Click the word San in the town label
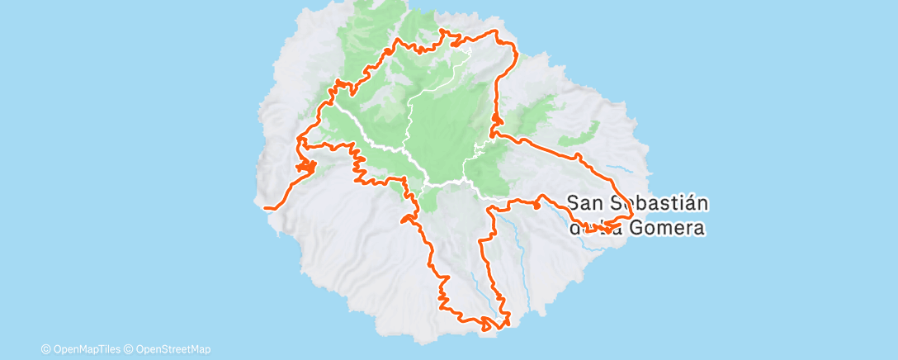[585, 201]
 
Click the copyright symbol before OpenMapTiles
[45, 348]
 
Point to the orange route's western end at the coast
[266, 208]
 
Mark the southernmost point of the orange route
[487, 329]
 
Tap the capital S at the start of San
[574, 201]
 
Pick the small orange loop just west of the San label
[537, 206]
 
